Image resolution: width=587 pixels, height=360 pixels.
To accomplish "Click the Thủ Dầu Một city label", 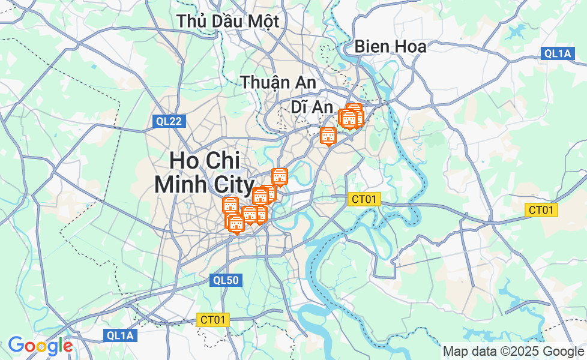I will pos(228,21).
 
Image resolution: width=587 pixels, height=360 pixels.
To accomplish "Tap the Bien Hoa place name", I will pos(390,46).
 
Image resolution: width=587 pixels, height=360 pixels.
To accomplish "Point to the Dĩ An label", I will pos(312,107).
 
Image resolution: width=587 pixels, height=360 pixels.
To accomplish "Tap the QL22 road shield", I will pos(169,121).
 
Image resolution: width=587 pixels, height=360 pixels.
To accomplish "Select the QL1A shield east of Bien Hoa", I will pos(558,53).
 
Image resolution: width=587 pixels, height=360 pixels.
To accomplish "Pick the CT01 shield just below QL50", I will pos(213,320).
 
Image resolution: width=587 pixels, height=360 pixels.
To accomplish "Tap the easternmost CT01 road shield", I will pos(541,209).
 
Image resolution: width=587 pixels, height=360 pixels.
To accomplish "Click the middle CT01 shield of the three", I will pos(364,199).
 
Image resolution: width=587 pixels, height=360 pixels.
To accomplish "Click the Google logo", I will pos(40,346).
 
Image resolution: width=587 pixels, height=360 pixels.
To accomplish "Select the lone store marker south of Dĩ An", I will pos(328,136).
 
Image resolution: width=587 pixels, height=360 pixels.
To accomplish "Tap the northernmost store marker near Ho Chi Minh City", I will pos(280,176).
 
